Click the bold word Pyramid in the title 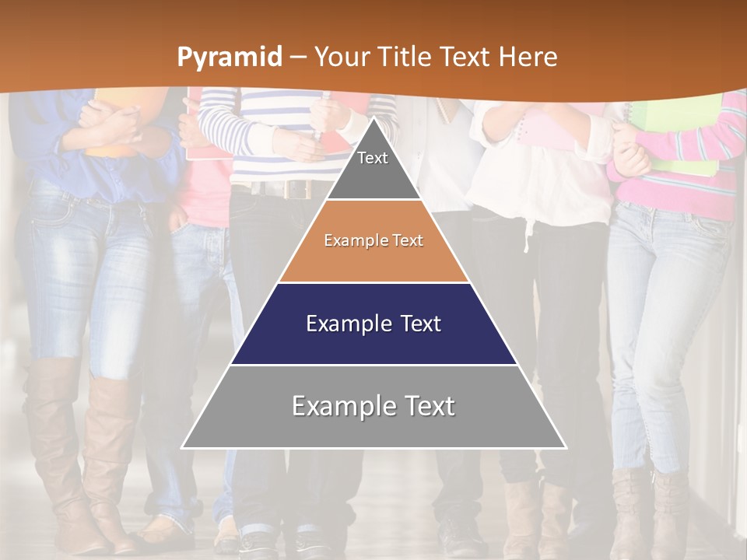tap(229, 58)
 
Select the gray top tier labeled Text tap(373, 166)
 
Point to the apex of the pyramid tap(373, 118)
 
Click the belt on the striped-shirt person tap(284, 189)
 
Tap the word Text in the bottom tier tap(424, 406)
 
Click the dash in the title tap(296, 58)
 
